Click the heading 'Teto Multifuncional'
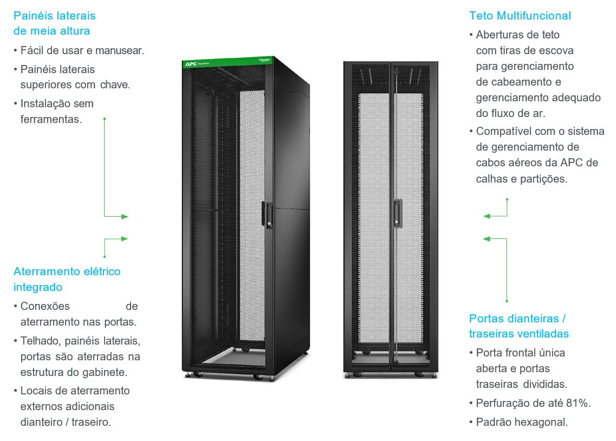pos(520,16)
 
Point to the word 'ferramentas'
pos(50,119)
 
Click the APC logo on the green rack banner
pos(191,63)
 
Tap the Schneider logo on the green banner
pos(264,59)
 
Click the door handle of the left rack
pos(269,215)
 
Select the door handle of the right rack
pos(398,213)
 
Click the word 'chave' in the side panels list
pos(114,85)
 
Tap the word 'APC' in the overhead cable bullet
pos(571,163)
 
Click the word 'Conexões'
pos(45,306)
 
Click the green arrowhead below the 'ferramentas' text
pos(125,216)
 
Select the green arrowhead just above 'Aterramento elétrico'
pos(124,239)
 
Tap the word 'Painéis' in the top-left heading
pos(34,16)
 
